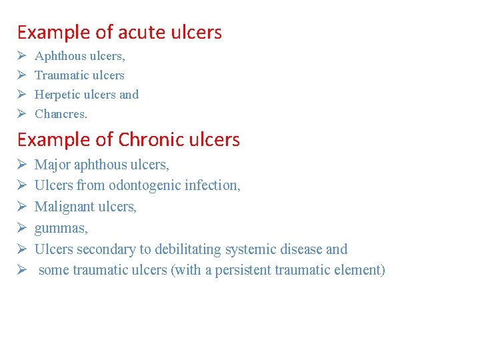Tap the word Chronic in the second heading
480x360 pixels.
(145, 139)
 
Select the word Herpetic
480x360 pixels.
(58, 95)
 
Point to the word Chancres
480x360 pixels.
(61, 114)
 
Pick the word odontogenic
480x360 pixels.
(145, 185)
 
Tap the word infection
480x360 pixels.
(213, 185)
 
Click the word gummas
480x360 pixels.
(61, 229)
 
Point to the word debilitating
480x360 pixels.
(190, 249)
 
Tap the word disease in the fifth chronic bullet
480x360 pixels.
(302, 249)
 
